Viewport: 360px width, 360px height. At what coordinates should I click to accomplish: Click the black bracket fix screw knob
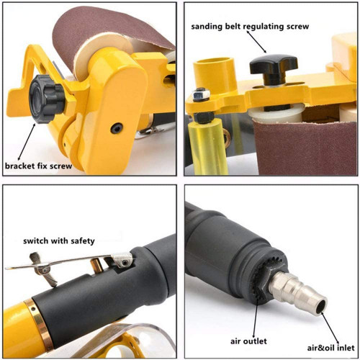(47, 99)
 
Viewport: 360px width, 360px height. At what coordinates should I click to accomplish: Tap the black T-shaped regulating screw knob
(274, 69)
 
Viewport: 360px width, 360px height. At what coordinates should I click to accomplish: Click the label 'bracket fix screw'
(38, 166)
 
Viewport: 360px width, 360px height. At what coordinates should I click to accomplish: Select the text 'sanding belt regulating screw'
(250, 27)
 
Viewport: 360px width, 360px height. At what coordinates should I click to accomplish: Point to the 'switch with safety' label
(59, 240)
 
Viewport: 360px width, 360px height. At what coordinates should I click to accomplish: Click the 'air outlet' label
(248, 341)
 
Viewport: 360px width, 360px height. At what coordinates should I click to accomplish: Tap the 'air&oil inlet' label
(330, 348)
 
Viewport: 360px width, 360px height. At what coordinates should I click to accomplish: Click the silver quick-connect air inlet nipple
(298, 294)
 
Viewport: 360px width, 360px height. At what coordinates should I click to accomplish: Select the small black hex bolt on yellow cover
(117, 128)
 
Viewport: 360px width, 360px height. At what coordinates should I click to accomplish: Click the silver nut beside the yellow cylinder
(201, 94)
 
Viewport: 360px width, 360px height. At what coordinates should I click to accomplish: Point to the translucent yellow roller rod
(208, 146)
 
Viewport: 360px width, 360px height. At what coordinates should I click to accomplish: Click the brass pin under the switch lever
(96, 265)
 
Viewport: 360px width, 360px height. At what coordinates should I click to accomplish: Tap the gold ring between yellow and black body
(39, 323)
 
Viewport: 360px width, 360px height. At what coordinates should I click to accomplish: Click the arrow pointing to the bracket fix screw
(27, 142)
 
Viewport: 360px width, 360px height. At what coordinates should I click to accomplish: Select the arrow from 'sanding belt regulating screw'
(256, 42)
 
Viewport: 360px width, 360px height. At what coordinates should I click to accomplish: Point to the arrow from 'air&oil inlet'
(330, 328)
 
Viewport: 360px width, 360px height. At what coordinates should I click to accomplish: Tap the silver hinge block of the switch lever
(122, 260)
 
